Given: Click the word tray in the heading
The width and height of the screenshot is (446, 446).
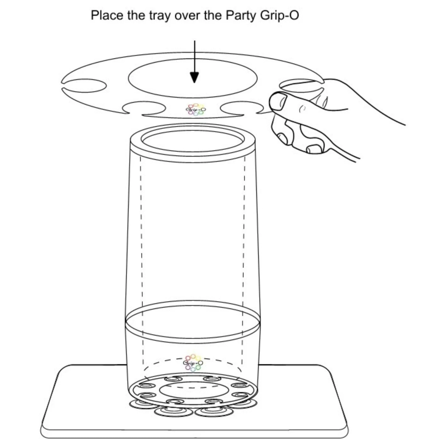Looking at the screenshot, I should pos(160,15).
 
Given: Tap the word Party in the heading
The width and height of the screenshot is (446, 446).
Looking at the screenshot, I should pos(241,15).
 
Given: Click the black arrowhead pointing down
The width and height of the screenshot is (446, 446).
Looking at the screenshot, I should pos(194,78).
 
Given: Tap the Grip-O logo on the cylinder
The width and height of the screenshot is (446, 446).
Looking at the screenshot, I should pos(193,362).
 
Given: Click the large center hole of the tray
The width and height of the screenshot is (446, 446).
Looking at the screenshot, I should pos(193,78).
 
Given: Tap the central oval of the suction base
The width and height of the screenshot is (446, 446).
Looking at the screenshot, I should pos(193,389).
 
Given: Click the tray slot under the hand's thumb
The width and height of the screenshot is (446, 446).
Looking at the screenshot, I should pos(300,86).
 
